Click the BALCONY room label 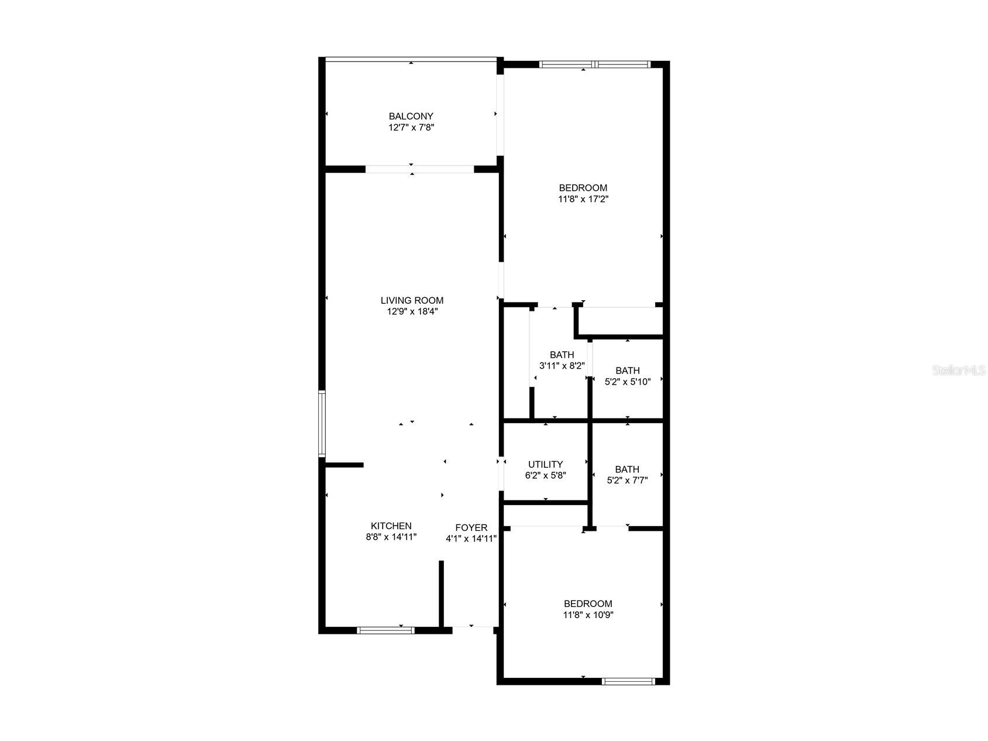click(x=411, y=116)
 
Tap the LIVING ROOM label click(x=412, y=300)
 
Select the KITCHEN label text click(x=391, y=526)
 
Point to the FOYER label click(x=471, y=527)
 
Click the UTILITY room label click(x=545, y=464)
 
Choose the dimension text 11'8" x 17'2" click(x=583, y=199)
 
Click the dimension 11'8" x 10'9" click(x=588, y=615)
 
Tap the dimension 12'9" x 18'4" click(x=412, y=311)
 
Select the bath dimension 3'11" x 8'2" click(x=562, y=366)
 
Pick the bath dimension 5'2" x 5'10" click(x=627, y=382)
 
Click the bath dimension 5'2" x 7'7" click(x=627, y=480)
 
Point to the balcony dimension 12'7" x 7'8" click(x=411, y=127)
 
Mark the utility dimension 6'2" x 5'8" click(x=545, y=475)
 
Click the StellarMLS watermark click(x=959, y=370)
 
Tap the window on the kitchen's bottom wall click(x=385, y=630)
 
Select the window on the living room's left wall click(x=322, y=423)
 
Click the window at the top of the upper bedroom click(x=594, y=64)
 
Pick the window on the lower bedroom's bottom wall click(x=628, y=681)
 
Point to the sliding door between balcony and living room click(x=419, y=169)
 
